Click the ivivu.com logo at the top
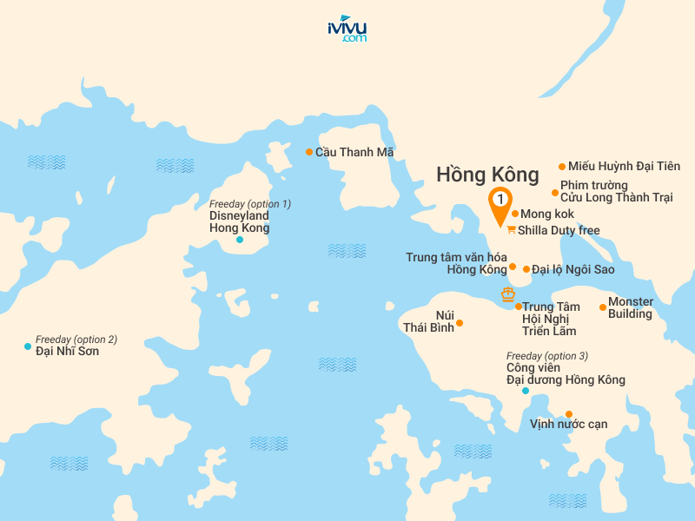pos(347,30)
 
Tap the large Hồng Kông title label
pos(487,175)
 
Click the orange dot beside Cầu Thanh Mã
pos(308,152)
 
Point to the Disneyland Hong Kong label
pos(239,221)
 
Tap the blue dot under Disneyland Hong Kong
pos(240,239)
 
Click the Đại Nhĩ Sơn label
pos(67,351)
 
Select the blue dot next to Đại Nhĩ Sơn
pos(28,346)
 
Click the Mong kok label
pos(547,214)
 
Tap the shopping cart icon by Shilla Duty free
pos(511,230)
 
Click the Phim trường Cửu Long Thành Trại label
pos(616,192)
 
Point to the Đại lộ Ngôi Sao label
pos(573,269)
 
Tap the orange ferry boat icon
pos(508,294)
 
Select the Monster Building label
pos(631,307)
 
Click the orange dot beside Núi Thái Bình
pos(460,323)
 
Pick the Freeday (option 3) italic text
pos(546,356)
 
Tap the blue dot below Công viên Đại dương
pos(525,391)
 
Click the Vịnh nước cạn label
pos(568,425)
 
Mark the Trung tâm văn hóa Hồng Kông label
pos(456,263)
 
